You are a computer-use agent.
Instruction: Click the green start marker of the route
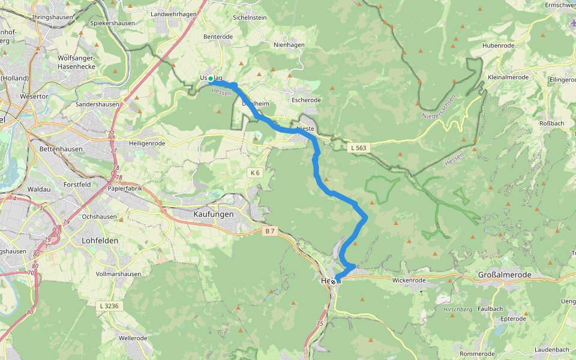[211, 79]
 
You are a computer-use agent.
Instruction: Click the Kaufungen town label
[214, 214]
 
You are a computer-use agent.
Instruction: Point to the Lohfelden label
[100, 240]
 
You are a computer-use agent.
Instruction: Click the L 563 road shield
[358, 147]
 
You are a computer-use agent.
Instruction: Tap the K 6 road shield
[255, 173]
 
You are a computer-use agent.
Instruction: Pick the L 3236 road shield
[108, 306]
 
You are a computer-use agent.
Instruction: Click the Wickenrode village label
[409, 280]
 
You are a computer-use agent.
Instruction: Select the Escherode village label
[306, 100]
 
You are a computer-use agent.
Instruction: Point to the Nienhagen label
[289, 45]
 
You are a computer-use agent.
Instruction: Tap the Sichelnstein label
[250, 18]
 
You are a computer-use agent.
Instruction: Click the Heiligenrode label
[147, 143]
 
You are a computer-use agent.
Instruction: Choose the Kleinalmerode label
[508, 77]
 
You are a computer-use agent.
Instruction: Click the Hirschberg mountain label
[457, 310]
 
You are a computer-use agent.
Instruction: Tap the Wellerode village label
[133, 338]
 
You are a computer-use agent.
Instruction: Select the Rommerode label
[477, 354]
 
